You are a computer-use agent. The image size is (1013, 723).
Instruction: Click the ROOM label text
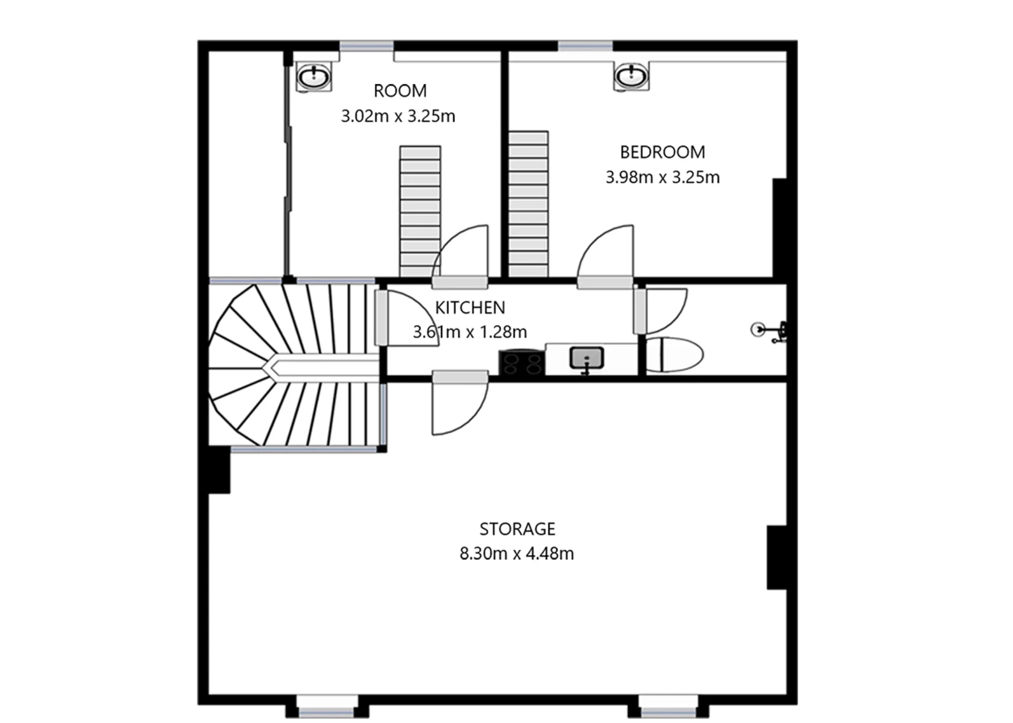(x=400, y=91)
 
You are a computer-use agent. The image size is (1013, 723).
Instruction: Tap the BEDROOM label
(x=662, y=152)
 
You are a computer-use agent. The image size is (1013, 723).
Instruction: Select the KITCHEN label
(x=470, y=308)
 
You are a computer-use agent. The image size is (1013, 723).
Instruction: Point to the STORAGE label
(x=517, y=529)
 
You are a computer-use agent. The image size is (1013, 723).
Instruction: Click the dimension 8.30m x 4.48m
(x=517, y=553)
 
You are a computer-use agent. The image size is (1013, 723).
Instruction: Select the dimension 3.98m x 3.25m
(x=662, y=177)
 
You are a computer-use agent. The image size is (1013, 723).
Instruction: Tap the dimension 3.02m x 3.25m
(x=398, y=116)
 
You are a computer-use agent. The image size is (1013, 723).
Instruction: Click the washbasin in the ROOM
(x=314, y=77)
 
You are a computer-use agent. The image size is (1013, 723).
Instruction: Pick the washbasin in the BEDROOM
(x=631, y=77)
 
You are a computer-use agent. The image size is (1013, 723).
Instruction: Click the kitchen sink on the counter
(x=587, y=358)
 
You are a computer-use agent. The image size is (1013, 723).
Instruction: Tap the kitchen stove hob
(x=522, y=363)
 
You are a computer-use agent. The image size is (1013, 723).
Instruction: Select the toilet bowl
(x=674, y=355)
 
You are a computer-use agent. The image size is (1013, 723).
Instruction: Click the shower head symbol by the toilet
(x=758, y=329)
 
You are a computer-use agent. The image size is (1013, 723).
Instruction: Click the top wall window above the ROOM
(x=366, y=46)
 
